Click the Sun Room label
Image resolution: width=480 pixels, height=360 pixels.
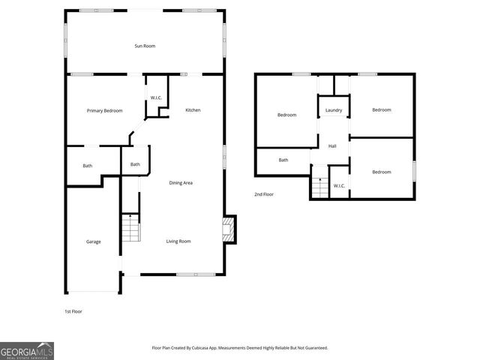click(145, 46)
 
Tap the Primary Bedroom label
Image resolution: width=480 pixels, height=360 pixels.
click(104, 111)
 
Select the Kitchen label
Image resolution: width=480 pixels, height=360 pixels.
click(193, 110)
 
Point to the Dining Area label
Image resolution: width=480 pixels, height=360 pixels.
click(181, 182)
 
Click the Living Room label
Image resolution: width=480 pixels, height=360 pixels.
click(178, 241)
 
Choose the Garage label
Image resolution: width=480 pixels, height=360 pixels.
click(93, 241)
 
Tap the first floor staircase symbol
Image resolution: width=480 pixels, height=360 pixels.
click(130, 227)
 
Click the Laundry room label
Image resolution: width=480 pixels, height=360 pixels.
click(334, 111)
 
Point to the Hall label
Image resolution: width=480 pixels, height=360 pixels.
click(332, 145)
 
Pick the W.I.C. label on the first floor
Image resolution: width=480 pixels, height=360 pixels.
click(156, 97)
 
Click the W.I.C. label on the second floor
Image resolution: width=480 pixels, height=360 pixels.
click(339, 185)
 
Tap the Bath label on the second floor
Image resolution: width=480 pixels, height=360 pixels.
click(283, 160)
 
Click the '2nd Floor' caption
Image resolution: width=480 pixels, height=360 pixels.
click(263, 194)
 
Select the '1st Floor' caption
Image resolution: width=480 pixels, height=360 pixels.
click(73, 310)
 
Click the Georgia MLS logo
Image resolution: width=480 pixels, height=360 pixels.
click(27, 351)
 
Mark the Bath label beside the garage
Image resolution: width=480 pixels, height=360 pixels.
click(87, 165)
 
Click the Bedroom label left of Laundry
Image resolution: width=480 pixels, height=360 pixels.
click(286, 115)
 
